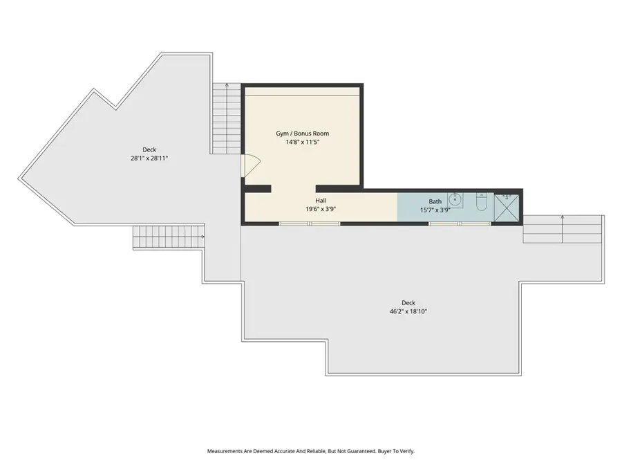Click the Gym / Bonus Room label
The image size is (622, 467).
point(303,133)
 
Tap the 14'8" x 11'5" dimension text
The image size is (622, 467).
point(303,142)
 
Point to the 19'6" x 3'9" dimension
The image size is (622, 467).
point(321,208)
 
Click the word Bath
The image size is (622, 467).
point(435,201)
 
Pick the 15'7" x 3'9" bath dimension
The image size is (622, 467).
point(435,210)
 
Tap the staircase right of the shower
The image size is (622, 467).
point(563,229)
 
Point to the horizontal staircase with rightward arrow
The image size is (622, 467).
point(169,237)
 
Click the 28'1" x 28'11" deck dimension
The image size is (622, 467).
point(150,158)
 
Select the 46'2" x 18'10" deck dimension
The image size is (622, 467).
point(408,311)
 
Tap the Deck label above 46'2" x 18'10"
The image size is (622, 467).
point(408,302)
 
